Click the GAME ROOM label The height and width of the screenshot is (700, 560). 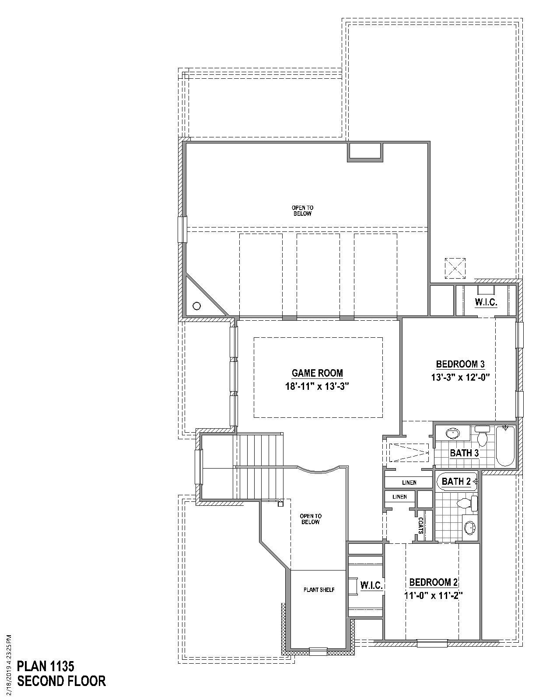pos(317,373)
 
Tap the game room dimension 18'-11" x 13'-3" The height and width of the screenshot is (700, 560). pos(317,386)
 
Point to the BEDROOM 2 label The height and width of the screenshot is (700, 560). pos(433,582)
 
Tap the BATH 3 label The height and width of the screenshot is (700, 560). pos(464,453)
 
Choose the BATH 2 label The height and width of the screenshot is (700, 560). pos(456,482)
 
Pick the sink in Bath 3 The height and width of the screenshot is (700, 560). pos(452,434)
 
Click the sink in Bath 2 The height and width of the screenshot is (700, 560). pos(470,528)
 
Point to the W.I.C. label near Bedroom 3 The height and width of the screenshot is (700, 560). pos(486,302)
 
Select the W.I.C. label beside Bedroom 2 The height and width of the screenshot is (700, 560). pos(372,585)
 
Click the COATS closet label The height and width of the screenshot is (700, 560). pos(421,525)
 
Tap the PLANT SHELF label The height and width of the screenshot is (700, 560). pos(319,590)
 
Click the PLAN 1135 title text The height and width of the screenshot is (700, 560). pos(45,666)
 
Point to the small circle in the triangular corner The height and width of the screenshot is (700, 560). pos(196,306)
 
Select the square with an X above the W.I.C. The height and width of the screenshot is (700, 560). pos(455,268)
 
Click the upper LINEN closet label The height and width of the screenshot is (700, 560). pos(409,483)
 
